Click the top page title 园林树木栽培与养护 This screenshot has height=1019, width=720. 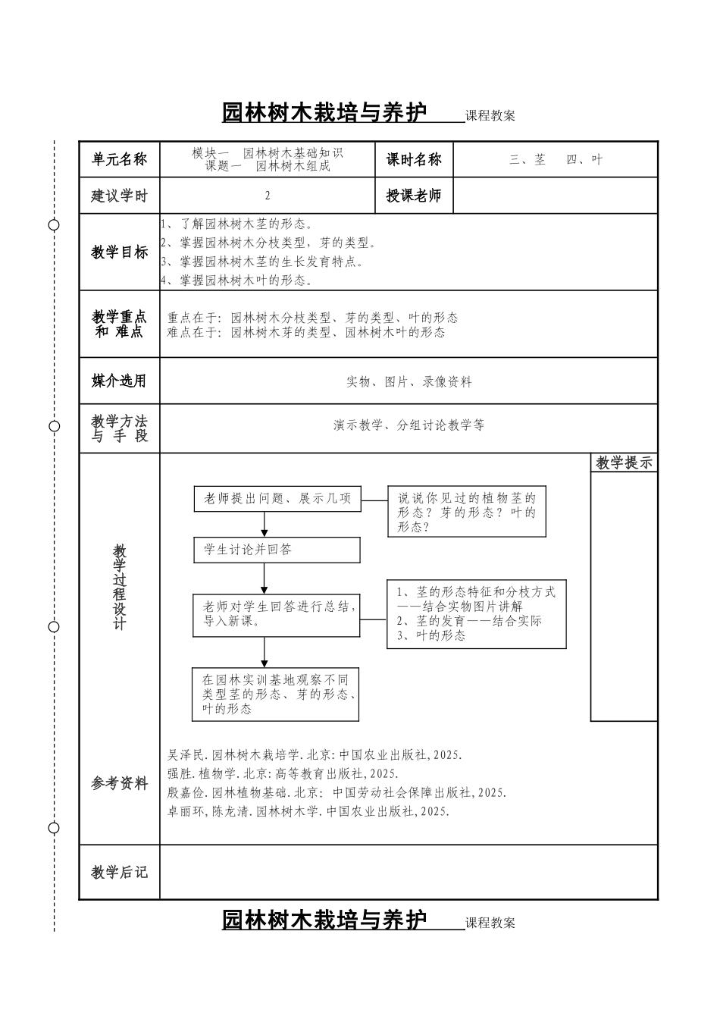pos(324,112)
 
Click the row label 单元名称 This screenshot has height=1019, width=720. pos(119,159)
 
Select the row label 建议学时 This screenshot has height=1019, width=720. pos(119,196)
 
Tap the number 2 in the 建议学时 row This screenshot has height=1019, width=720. pos(268,196)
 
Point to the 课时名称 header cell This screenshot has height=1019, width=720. pos(414,159)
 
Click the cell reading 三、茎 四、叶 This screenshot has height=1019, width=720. pos(556,159)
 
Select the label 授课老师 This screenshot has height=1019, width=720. pos(414,196)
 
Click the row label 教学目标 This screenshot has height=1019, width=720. pos(119,252)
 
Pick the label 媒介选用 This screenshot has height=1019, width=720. pos(119,381)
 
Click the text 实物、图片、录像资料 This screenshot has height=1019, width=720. pos(409,382)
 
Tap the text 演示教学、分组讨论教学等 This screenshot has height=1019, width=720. pos(409,425)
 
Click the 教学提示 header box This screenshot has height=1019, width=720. pos(624,462)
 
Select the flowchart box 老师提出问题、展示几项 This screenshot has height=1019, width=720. pos(277,498)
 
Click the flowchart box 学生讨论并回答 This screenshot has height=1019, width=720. pos(277,550)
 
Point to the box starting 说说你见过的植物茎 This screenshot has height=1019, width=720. pos(467,512)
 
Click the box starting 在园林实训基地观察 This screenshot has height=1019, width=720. pos(275,694)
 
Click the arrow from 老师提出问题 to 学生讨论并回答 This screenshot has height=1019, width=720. pos(265,524)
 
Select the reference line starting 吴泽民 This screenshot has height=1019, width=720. pos(315,755)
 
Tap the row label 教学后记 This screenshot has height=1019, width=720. pos(119,873)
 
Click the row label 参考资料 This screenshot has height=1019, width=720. pos(119,784)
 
